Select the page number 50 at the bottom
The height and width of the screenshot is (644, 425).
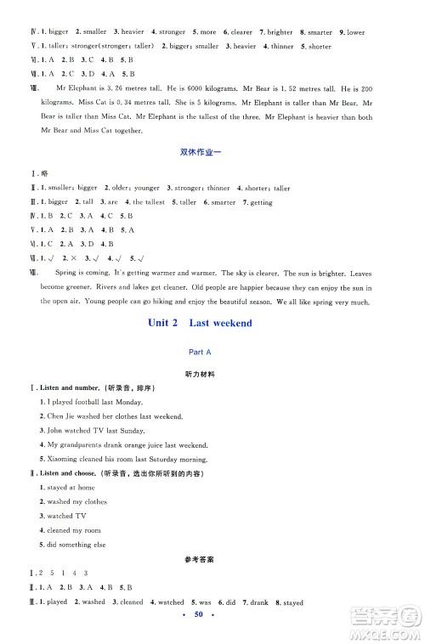[x=212, y=636]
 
